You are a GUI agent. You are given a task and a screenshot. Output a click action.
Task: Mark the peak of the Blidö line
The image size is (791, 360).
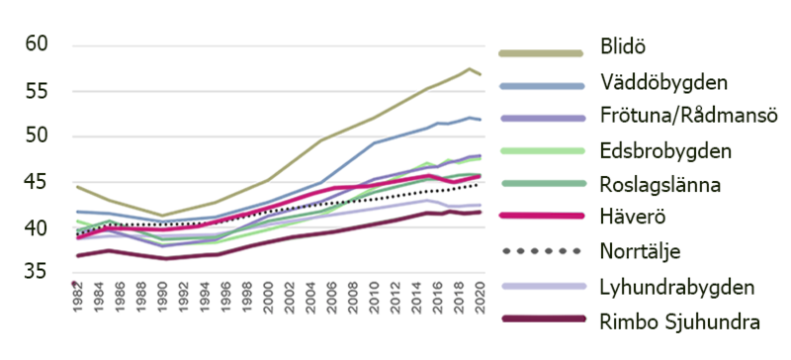click(x=471, y=68)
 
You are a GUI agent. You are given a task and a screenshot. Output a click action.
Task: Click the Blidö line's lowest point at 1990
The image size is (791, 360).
click(x=162, y=216)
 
